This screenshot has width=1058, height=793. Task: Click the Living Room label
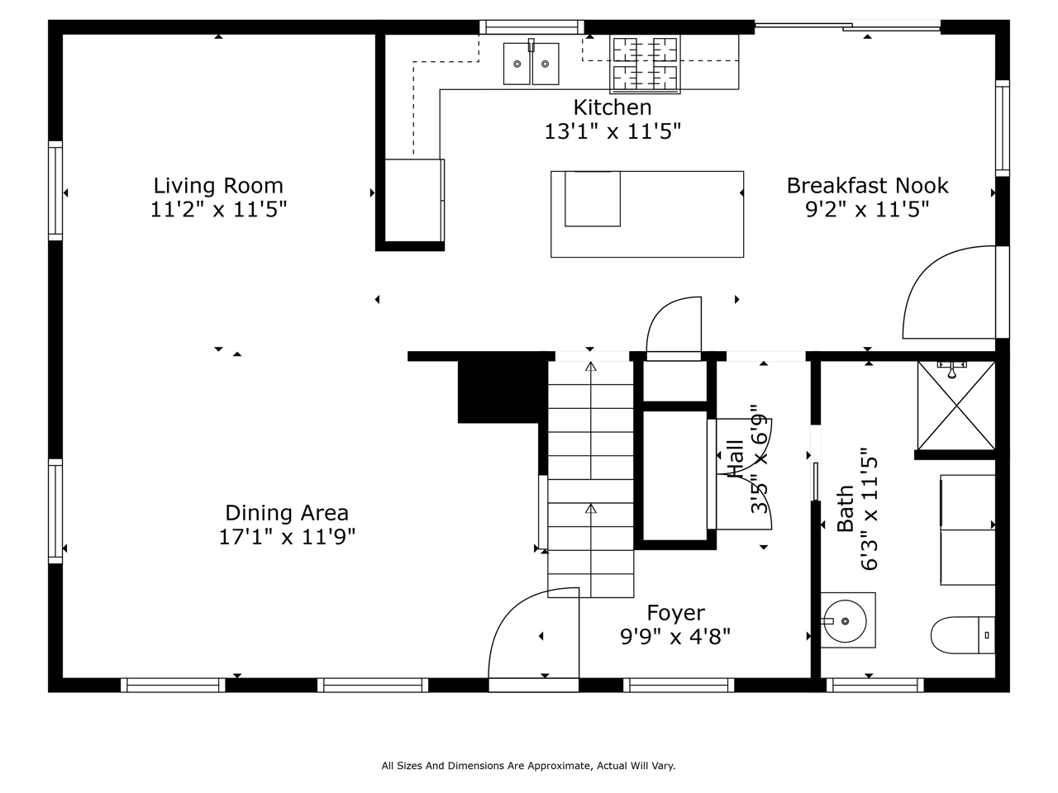[218, 185]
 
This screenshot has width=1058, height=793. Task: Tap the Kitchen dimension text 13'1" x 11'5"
[612, 131]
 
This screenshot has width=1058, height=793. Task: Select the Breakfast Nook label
[867, 185]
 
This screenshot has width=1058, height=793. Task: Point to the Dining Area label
[287, 513]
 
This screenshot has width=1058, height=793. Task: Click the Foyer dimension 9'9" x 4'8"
[674, 637]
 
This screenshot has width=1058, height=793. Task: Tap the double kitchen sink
[531, 64]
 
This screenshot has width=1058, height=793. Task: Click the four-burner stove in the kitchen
[645, 64]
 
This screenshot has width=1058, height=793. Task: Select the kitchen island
[647, 214]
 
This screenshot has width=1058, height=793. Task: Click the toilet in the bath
[963, 635]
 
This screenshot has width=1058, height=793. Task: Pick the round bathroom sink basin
[845, 621]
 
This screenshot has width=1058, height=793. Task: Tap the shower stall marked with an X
[956, 406]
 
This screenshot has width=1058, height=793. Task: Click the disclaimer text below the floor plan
[528, 766]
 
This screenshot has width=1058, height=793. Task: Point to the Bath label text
[845, 509]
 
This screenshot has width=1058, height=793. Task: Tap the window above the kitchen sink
[531, 27]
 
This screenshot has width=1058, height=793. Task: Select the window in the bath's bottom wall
[875, 685]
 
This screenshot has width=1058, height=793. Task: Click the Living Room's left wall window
[55, 191]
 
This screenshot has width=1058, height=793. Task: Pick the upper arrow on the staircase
[590, 420]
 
